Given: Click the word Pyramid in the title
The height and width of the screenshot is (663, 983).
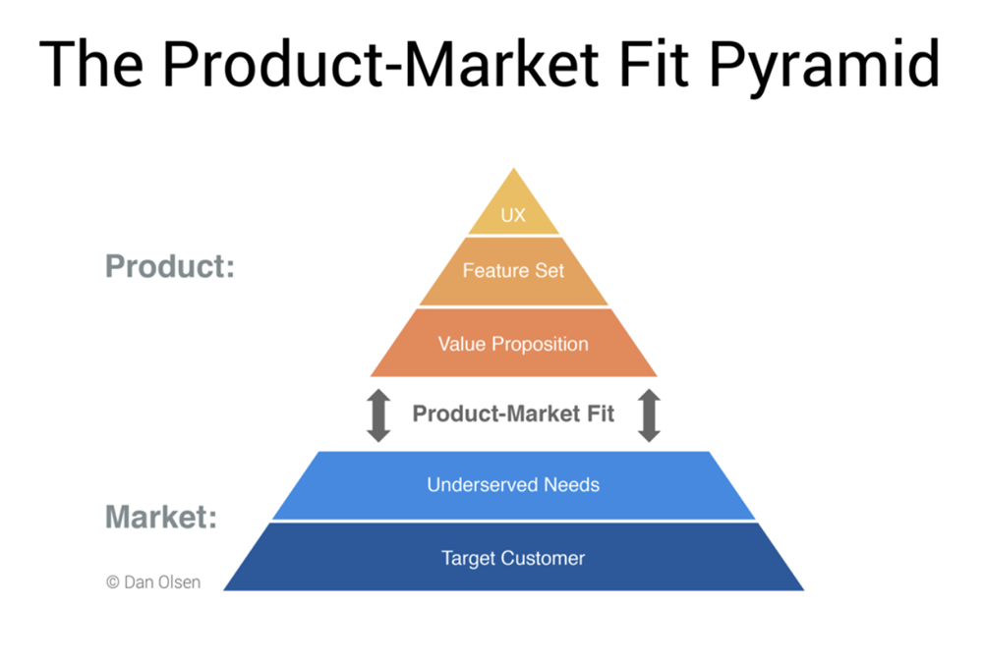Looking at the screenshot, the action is (x=825, y=66).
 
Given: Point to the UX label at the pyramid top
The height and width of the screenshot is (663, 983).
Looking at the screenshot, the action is (x=513, y=215).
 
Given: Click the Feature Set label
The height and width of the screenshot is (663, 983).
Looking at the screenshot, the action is (x=513, y=271).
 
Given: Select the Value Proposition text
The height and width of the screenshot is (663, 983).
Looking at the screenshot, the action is (x=513, y=344).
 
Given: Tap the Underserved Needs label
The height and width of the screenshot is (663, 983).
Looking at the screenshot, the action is (x=513, y=485).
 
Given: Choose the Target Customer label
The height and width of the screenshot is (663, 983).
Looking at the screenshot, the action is (x=513, y=558).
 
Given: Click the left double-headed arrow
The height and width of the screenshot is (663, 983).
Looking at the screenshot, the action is (x=378, y=415).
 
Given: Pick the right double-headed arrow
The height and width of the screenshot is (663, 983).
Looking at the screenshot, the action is (x=649, y=415).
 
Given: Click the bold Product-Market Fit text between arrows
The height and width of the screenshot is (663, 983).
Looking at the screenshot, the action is (x=513, y=414).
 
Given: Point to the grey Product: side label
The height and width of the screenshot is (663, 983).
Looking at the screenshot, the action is (x=170, y=266).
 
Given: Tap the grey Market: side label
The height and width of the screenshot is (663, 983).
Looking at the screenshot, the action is (x=161, y=517).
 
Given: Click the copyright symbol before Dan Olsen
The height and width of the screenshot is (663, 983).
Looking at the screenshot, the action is (x=113, y=582).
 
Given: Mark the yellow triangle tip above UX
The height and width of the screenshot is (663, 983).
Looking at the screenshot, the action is (x=514, y=168).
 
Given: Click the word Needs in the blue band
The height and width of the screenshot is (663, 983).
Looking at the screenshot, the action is (x=572, y=485).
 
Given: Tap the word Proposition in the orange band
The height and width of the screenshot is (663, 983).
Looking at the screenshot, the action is (x=540, y=344).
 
